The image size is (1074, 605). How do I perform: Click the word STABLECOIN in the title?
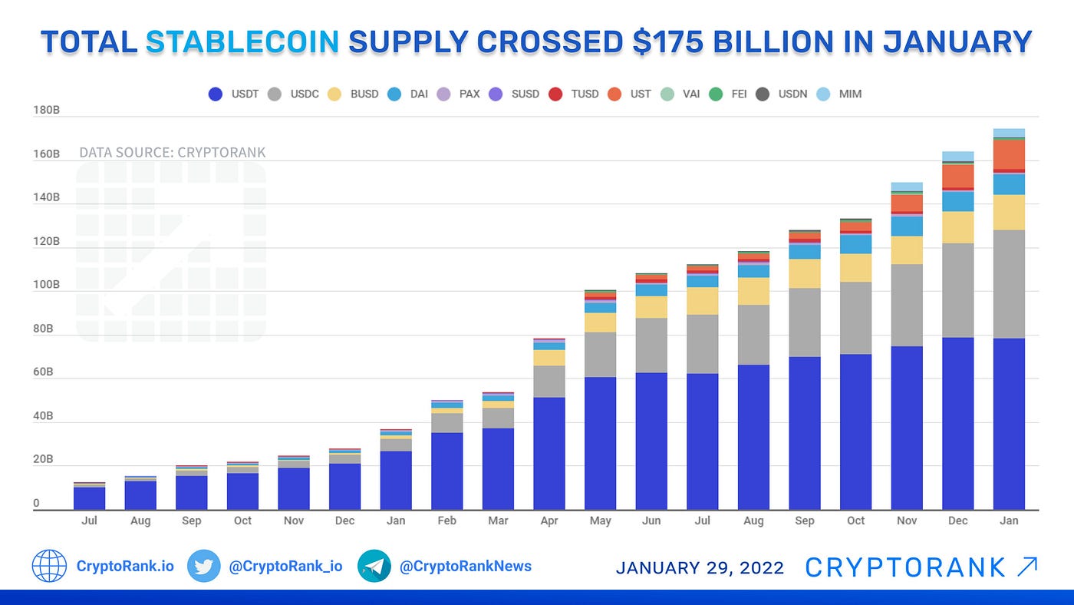[x=242, y=42]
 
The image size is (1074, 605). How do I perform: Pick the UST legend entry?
[x=628, y=94]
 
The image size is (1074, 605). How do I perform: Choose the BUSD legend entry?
[x=353, y=94]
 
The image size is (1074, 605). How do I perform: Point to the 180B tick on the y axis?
[x=46, y=111]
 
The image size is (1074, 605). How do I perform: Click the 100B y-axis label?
[x=46, y=285]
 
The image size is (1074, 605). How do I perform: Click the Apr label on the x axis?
[x=549, y=521]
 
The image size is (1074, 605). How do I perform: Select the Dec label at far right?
[x=958, y=521]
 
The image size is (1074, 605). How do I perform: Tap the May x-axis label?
[x=601, y=521]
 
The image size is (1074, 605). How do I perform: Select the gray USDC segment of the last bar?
[x=1009, y=284]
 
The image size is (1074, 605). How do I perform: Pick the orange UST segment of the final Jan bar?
[x=1009, y=154]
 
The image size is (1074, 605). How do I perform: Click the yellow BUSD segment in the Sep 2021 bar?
[x=805, y=273]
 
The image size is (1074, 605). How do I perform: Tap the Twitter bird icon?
[x=203, y=567]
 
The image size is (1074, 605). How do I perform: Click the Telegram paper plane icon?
[x=374, y=567]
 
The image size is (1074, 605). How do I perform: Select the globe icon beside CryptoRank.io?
[x=49, y=567]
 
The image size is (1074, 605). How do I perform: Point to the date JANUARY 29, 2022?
[x=700, y=568]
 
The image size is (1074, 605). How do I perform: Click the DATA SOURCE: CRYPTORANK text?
[x=173, y=153]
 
